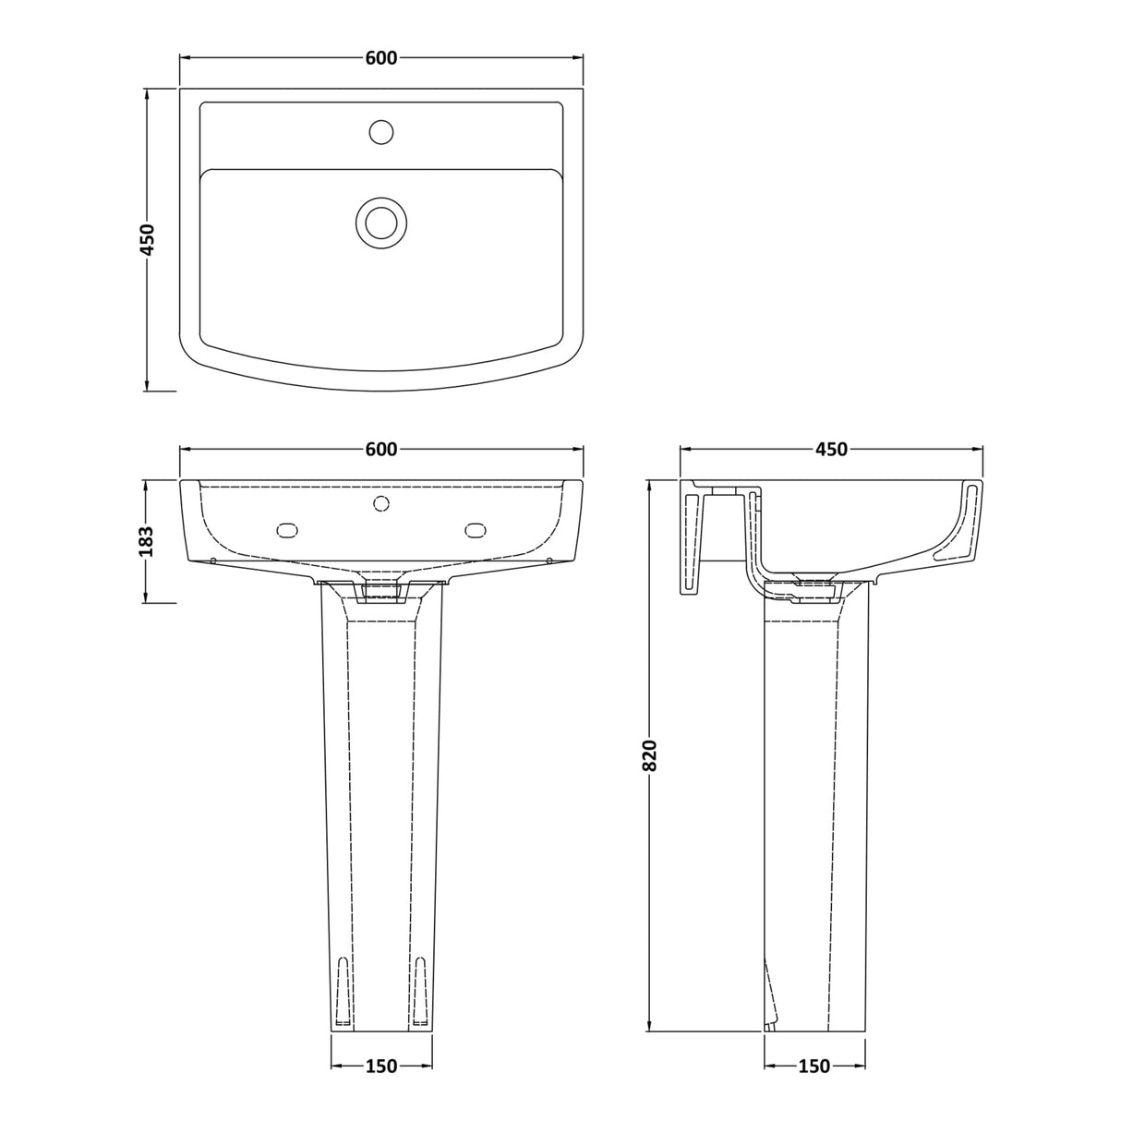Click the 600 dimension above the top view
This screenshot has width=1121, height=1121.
coord(381,58)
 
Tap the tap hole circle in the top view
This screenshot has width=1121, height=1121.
coord(381,132)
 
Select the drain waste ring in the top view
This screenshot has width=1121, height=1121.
coord(380,222)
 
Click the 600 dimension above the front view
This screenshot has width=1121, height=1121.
coord(381,450)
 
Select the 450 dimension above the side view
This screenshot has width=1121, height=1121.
coord(830,450)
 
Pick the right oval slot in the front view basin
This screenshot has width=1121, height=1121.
coord(476,529)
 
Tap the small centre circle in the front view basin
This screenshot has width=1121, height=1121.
coord(380,503)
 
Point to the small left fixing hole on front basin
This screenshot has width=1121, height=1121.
coord(213,560)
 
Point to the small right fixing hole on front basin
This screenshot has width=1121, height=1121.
coord(549,560)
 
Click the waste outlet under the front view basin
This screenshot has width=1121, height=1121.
coord(381,589)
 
